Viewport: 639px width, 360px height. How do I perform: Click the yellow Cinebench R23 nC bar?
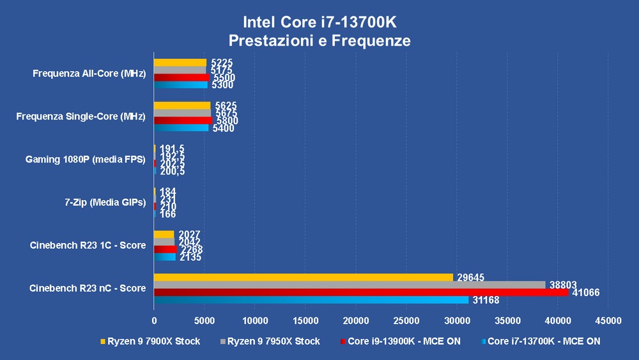(304, 278)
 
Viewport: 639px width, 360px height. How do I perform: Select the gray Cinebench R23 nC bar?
(350, 285)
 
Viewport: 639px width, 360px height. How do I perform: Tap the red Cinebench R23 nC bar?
(361, 292)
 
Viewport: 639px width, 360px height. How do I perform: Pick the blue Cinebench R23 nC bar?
(311, 300)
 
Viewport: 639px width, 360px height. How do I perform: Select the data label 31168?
(486, 301)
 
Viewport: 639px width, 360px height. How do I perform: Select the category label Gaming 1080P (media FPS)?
(86, 159)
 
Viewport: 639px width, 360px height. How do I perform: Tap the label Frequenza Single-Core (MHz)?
(81, 116)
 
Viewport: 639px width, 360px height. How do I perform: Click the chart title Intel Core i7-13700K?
(319, 22)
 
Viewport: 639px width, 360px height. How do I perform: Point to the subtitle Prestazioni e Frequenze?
(319, 41)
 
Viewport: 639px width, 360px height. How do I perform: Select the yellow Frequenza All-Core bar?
(180, 63)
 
